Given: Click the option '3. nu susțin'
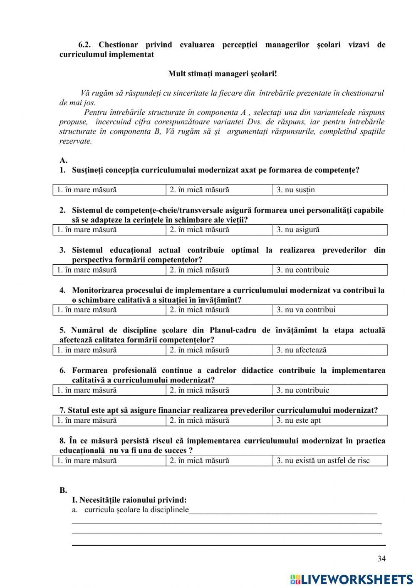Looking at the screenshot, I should coord(296,190).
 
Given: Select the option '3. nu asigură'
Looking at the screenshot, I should coord(298,230).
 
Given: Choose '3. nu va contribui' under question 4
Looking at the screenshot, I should coord(306,310).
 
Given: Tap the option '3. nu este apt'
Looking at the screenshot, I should coord(299,420).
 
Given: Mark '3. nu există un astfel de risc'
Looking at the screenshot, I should coord(323,461).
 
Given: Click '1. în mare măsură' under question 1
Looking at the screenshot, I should coord(87,190).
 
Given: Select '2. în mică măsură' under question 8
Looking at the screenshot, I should coord(199,461).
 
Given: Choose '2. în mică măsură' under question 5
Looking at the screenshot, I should coord(199,350).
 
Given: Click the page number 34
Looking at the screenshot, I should coord(381,558).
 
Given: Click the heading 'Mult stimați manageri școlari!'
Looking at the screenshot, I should coord(222,74).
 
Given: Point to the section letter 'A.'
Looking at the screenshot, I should coord(63,160).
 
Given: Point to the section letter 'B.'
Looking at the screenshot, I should coord(63,490).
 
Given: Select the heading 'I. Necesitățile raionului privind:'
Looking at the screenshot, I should coord(129,500).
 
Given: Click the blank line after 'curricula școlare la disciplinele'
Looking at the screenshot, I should coord(283,510).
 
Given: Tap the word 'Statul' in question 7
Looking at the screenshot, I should coord(79,410).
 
